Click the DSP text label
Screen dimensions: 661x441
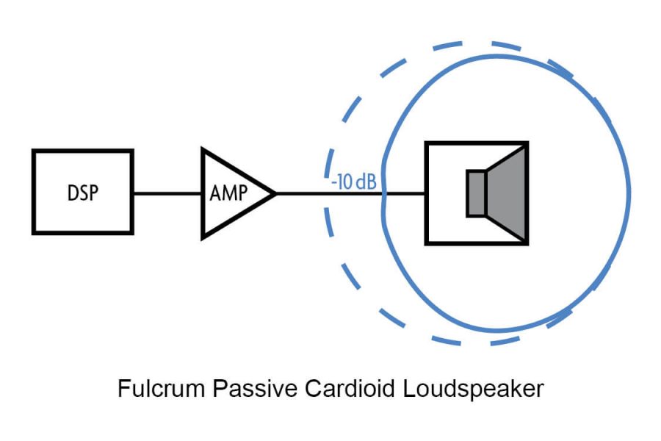pyautogui.click(x=83, y=193)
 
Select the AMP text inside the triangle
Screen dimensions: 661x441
pyautogui.click(x=228, y=193)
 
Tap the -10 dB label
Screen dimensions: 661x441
pyautogui.click(x=354, y=182)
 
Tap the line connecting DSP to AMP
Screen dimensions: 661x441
pyautogui.click(x=167, y=194)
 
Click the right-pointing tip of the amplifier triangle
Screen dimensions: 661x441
pyautogui.click(x=276, y=194)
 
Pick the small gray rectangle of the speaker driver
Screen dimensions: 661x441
pyautogui.click(x=477, y=193)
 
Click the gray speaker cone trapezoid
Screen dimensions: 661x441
pyautogui.click(x=506, y=193)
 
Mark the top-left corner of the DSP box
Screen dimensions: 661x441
pyautogui.click(x=33, y=150)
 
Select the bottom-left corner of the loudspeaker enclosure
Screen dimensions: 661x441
pyautogui.click(x=426, y=244)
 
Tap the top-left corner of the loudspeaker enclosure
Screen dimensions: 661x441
pyautogui.click(x=426, y=143)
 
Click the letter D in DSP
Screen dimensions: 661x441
pyautogui.click(x=73, y=193)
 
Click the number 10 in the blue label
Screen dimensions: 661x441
pyautogui.click(x=345, y=182)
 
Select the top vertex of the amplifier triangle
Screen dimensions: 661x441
pyautogui.click(x=203, y=148)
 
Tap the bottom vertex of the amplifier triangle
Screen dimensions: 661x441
pyautogui.click(x=203, y=239)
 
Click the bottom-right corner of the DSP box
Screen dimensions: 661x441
pyautogui.click(x=133, y=234)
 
